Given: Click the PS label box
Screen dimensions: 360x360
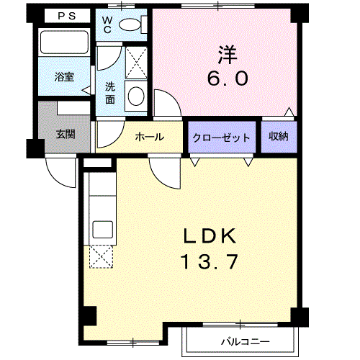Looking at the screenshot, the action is pyautogui.click(x=67, y=16).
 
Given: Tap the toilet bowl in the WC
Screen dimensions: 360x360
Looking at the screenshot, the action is pyautogui.click(x=130, y=24).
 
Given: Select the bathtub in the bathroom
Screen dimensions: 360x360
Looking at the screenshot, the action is pyautogui.click(x=64, y=42).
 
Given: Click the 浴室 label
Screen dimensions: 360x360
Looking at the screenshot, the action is pyautogui.click(x=64, y=77).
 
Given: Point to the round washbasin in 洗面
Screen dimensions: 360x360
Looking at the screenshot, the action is pyautogui.click(x=136, y=96).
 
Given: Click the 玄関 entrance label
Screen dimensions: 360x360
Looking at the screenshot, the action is pyautogui.click(x=66, y=134).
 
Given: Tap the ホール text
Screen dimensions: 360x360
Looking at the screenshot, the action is pyautogui.click(x=150, y=137).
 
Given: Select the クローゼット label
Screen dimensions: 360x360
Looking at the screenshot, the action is pyautogui.click(x=221, y=138).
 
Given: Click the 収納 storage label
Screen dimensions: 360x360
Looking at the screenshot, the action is pyautogui.click(x=279, y=136).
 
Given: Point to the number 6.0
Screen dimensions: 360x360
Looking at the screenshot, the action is pyautogui.click(x=228, y=78).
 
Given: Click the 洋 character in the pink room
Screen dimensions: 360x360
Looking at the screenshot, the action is pyautogui.click(x=228, y=55).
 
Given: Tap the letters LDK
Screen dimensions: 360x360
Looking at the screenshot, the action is pyautogui.click(x=210, y=236).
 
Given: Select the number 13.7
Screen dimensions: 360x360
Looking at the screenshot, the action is pyautogui.click(x=210, y=261).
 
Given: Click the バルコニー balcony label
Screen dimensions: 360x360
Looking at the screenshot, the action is pyautogui.click(x=246, y=341).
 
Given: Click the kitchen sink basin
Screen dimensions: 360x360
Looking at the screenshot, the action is pyautogui.click(x=103, y=230).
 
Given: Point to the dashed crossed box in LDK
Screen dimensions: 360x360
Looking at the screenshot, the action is pyautogui.click(x=101, y=256).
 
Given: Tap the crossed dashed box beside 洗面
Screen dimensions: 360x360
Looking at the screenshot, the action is pyautogui.click(x=136, y=63).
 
